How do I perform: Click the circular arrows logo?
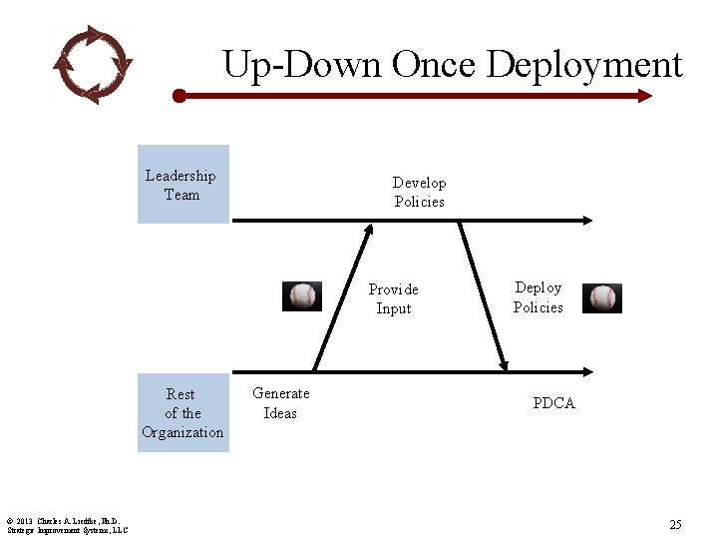[x=92, y=64]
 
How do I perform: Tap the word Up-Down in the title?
[x=302, y=65]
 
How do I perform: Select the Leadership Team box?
[x=182, y=185]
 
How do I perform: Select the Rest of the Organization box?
[x=182, y=413]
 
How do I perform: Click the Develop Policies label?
[x=419, y=192]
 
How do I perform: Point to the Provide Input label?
[x=393, y=298]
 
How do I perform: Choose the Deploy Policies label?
[x=538, y=297]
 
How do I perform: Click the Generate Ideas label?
[x=280, y=403]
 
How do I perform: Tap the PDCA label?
[x=553, y=403]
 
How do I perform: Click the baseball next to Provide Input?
[x=302, y=296]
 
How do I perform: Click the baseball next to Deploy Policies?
[x=602, y=298]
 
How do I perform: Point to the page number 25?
[x=675, y=524]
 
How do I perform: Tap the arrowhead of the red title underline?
[x=645, y=96]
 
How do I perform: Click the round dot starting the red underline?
[x=179, y=96]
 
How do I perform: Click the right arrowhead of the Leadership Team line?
[x=589, y=220]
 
